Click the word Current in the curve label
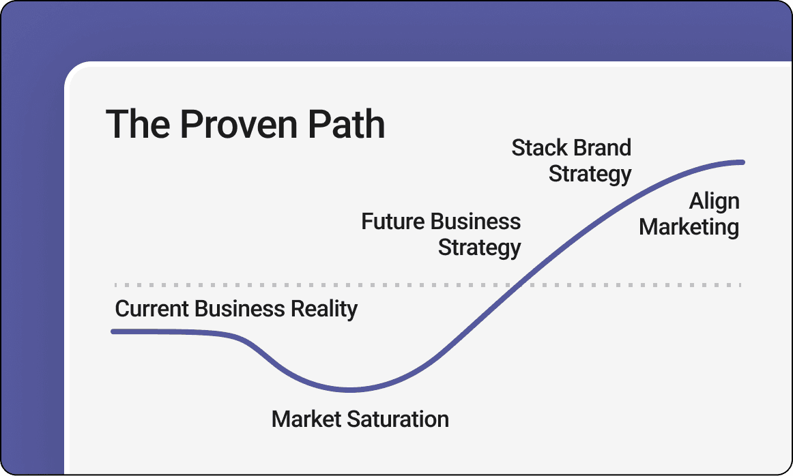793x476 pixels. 152,309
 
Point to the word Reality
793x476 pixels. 323,309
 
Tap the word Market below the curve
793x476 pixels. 304,419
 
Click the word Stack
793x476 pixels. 538,147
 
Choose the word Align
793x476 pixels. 714,201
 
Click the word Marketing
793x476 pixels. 689,227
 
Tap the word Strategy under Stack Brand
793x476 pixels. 590,174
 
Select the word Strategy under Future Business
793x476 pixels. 479,248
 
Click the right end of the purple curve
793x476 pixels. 742,162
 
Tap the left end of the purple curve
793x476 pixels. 113,331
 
